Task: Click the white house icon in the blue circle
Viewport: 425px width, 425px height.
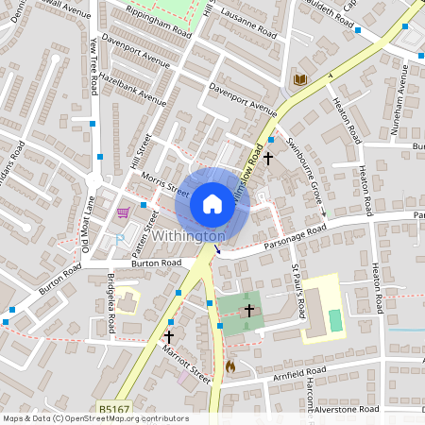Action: tap(212, 204)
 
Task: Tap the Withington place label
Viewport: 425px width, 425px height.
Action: tap(189, 235)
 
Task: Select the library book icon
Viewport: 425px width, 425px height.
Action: tap(301, 80)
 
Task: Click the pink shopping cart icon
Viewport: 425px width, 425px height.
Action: tap(123, 212)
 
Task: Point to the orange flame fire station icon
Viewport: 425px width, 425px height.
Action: tap(230, 365)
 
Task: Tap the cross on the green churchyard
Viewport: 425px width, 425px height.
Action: tap(249, 310)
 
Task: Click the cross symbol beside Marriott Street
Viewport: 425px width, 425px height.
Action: tap(169, 335)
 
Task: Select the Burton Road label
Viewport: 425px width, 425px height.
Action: tap(156, 263)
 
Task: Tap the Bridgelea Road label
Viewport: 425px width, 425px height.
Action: tap(111, 301)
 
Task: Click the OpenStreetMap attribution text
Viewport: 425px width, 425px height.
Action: tap(94, 418)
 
